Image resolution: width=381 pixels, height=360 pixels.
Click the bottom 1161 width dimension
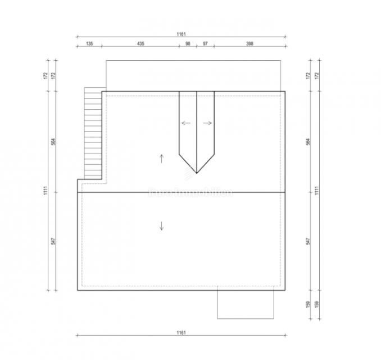[x=180, y=332]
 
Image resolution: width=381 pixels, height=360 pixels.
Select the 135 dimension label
[x=89, y=44]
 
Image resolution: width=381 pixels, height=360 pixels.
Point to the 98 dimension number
[x=187, y=44]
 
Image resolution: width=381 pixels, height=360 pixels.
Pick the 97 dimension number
[x=205, y=44]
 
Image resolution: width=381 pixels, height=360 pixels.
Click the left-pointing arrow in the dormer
[x=186, y=123]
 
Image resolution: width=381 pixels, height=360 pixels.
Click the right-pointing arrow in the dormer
[x=207, y=123]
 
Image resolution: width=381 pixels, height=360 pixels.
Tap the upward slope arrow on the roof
[x=162, y=158]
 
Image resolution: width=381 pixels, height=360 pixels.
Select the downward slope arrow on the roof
[x=162, y=226]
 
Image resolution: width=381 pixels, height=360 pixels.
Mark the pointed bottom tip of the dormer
[x=197, y=172]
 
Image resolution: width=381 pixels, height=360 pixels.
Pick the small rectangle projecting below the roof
[x=246, y=303]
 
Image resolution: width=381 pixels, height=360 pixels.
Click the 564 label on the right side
[x=308, y=141]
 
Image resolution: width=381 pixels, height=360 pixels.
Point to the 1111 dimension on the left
[x=44, y=191]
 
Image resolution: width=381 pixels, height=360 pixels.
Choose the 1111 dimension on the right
[x=317, y=191]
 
